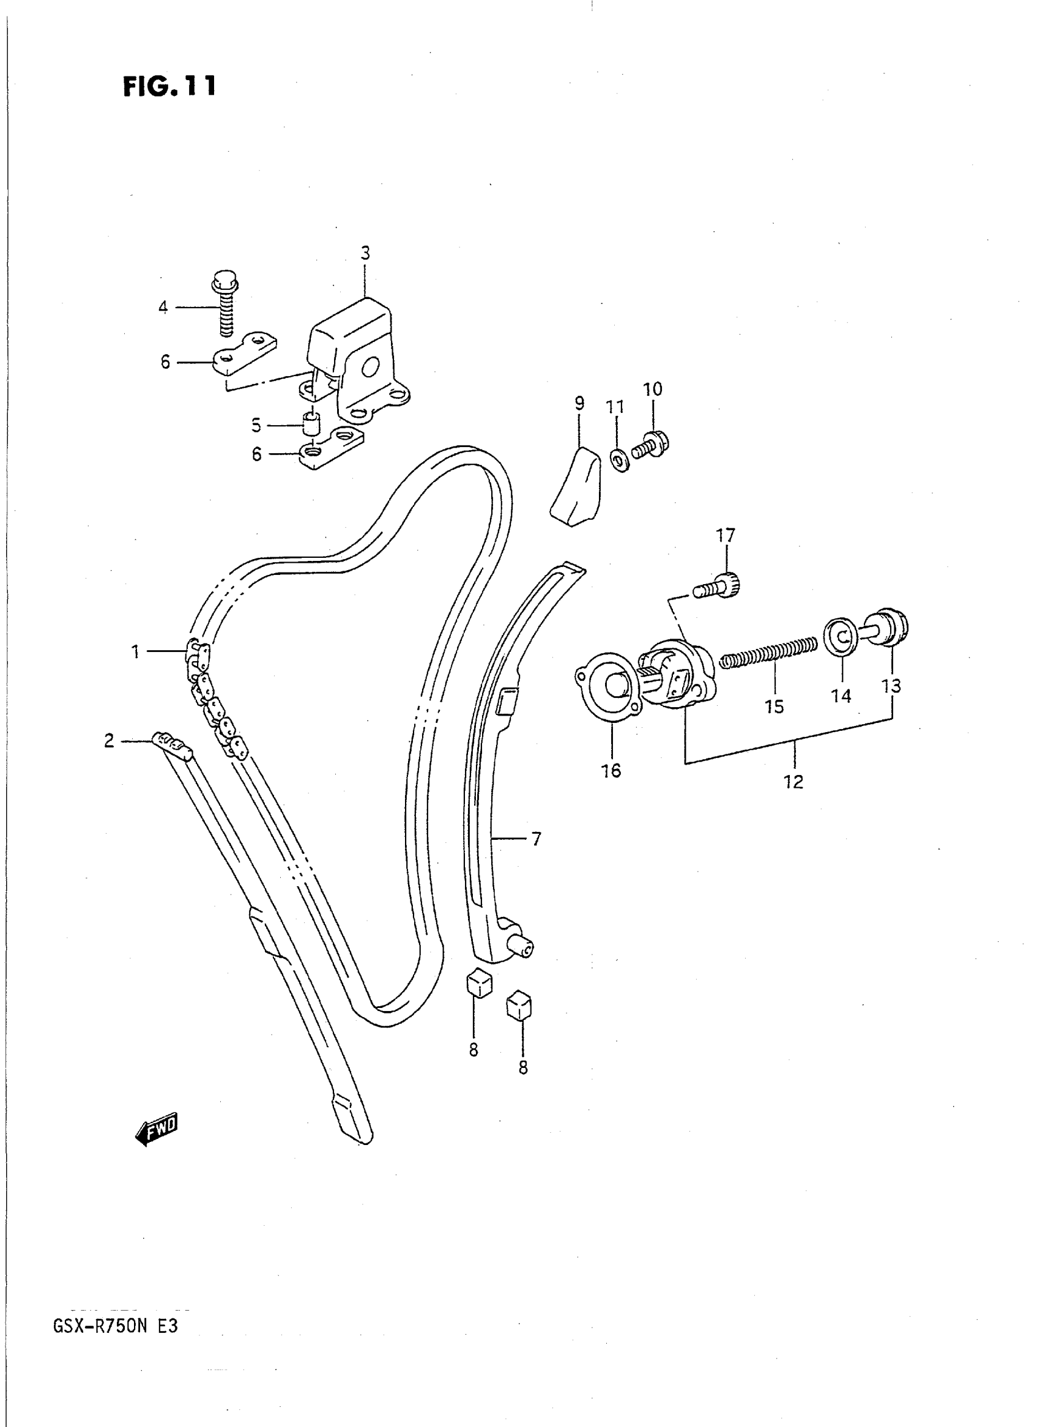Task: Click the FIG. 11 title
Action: tap(169, 86)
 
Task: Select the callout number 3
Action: tap(365, 253)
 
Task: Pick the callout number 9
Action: tap(579, 404)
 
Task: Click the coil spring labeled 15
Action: tap(768, 651)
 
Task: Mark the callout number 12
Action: tap(793, 782)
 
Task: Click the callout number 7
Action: tap(536, 839)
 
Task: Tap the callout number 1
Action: tap(135, 652)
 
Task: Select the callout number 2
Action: tap(110, 741)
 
